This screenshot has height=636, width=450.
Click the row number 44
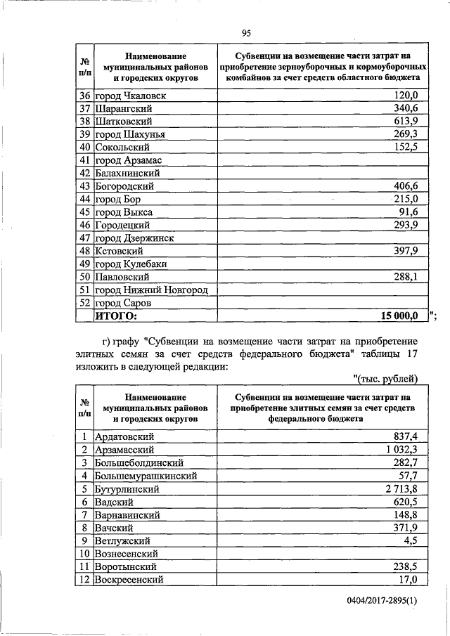pos(85,200)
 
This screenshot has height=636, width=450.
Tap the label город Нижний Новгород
pos(152,290)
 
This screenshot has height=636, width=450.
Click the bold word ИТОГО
pos(115,316)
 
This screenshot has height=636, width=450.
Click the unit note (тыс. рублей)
pos(385,379)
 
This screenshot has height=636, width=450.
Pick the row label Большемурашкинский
pos(146,476)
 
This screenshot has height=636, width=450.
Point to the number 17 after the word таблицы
pos(411,354)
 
